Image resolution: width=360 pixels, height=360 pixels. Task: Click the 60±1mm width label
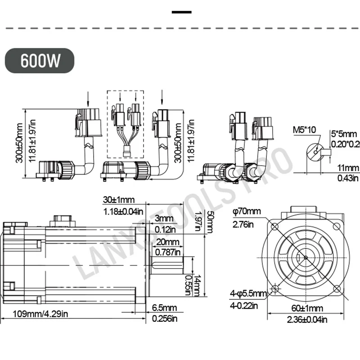point(307,309)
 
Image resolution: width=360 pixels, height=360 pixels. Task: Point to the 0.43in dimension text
point(347,178)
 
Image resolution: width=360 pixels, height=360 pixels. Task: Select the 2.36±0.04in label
point(307,319)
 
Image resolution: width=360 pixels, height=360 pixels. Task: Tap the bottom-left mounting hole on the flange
point(274,288)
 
